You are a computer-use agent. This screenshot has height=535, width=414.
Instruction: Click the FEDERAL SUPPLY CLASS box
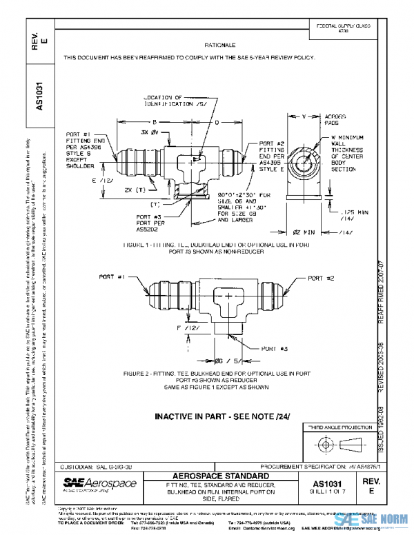(x=343, y=28)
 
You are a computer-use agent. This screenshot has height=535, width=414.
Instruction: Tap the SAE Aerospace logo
(x=99, y=485)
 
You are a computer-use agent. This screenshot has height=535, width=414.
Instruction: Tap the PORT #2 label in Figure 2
(x=320, y=278)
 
